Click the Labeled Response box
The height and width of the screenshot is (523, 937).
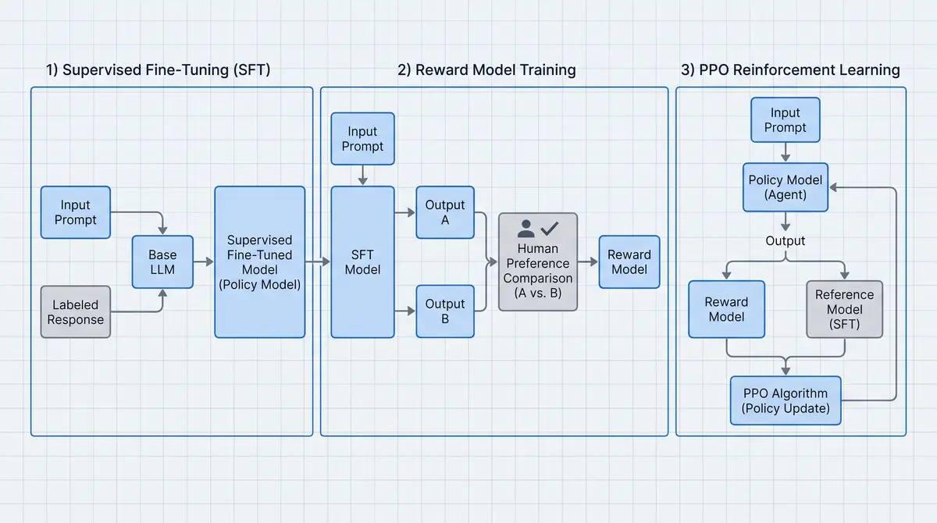click(76, 312)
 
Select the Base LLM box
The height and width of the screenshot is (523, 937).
click(162, 262)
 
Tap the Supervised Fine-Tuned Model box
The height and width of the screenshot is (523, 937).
click(260, 262)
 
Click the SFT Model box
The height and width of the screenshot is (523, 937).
click(362, 262)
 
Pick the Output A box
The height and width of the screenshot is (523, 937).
click(445, 212)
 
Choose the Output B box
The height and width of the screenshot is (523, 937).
click(445, 311)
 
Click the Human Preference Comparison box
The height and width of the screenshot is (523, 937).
click(538, 262)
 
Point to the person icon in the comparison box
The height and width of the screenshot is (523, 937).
click(526, 229)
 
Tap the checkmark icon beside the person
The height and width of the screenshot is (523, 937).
click(550, 229)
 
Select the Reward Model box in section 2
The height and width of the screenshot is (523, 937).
click(629, 262)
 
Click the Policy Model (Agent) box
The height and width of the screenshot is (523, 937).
click(786, 187)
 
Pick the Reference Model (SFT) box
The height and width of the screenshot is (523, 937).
click(845, 309)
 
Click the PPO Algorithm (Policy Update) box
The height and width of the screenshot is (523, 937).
click(786, 400)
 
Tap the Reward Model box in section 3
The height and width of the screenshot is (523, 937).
click(727, 309)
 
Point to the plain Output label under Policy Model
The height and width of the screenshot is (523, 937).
click(786, 240)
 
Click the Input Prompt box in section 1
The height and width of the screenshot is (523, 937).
click(76, 212)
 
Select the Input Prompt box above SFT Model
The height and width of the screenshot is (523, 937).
click(362, 138)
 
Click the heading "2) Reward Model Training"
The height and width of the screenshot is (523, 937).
click(486, 69)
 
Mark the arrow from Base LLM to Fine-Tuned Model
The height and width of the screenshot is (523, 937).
click(204, 262)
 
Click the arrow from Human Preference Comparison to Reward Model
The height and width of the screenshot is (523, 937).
click(588, 262)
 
